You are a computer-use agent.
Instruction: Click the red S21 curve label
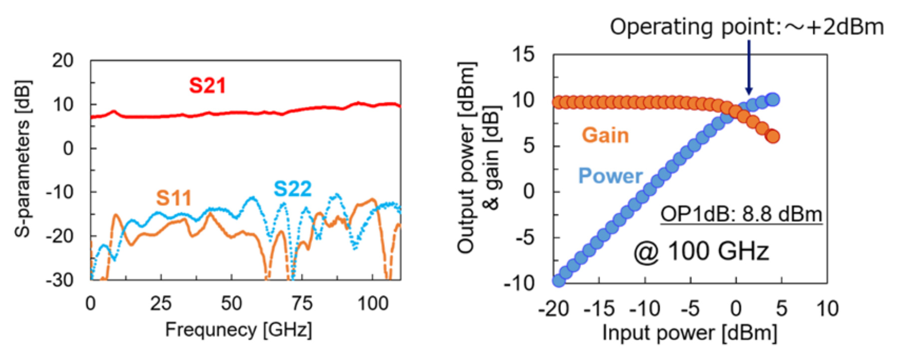click(x=207, y=85)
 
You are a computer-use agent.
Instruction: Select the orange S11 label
click(x=174, y=198)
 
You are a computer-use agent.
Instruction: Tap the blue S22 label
click(x=293, y=189)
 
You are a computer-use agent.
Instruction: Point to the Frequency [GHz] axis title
click(x=239, y=330)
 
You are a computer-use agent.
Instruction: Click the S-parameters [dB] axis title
click(x=23, y=158)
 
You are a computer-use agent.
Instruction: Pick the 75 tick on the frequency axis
click(x=301, y=304)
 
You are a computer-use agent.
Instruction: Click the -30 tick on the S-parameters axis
click(x=60, y=280)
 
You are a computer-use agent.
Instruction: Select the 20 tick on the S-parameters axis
click(x=63, y=61)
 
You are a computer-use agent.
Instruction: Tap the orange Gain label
click(x=605, y=135)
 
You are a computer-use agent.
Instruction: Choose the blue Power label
click(x=610, y=176)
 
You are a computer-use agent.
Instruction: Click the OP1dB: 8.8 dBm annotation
click(x=741, y=214)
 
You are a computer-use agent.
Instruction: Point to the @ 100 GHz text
click(x=701, y=251)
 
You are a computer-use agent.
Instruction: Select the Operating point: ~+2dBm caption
click(x=747, y=26)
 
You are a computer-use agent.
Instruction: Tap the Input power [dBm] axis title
click(x=689, y=333)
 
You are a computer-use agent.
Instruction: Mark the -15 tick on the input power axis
click(x=599, y=309)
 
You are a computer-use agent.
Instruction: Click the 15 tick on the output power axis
click(x=523, y=54)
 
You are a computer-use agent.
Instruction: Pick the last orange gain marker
click(x=772, y=136)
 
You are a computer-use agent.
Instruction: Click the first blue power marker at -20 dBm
click(x=559, y=280)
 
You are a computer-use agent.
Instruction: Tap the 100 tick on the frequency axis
click(x=372, y=304)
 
